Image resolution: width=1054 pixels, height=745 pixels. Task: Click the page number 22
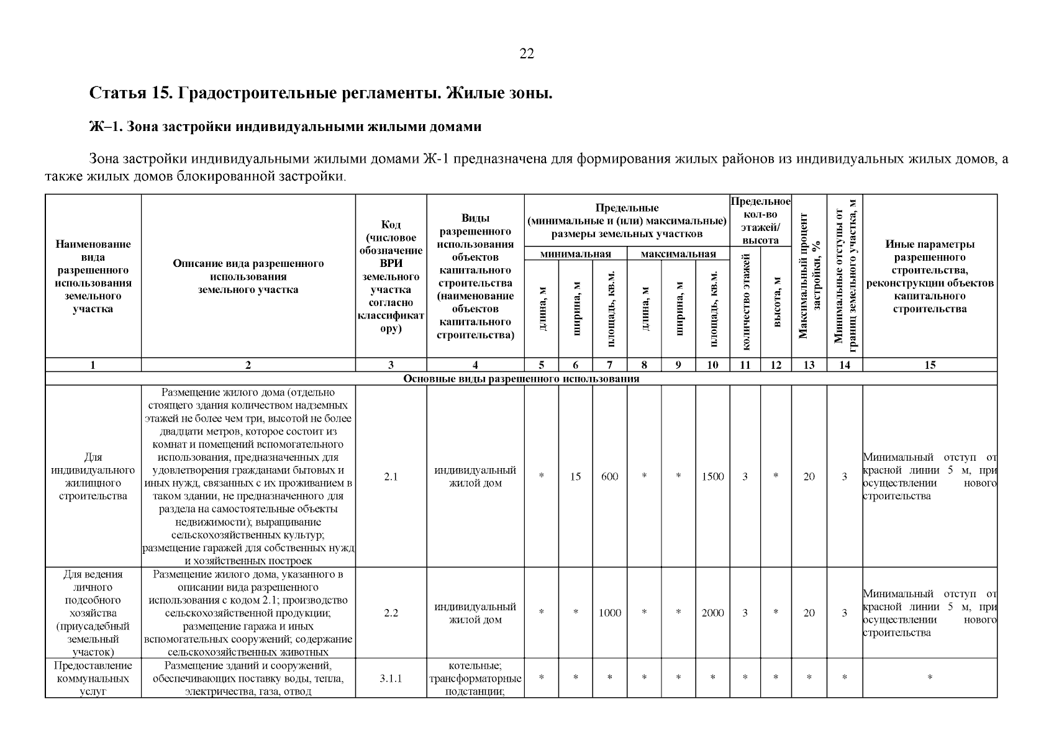tap(526, 54)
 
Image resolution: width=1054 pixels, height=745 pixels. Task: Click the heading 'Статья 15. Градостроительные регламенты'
tap(320, 94)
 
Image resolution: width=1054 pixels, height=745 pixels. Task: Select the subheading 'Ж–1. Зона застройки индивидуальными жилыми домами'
tap(285, 127)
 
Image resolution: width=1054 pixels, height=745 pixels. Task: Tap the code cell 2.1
tap(391, 477)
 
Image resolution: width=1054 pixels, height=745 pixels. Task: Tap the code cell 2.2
tap(391, 613)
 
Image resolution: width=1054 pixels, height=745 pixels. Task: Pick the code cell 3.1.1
tap(391, 678)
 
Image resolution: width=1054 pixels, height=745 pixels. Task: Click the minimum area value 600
tap(609, 477)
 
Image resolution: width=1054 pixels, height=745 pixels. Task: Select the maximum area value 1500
tap(712, 477)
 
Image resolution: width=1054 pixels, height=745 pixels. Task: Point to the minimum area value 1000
tap(609, 613)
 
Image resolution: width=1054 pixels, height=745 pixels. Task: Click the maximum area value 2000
tap(712, 613)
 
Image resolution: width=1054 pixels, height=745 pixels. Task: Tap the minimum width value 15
tap(575, 477)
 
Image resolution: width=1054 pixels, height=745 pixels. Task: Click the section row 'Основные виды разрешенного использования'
tap(521, 379)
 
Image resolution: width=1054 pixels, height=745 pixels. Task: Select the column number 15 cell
tap(929, 365)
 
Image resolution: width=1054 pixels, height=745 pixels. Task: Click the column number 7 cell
tap(609, 365)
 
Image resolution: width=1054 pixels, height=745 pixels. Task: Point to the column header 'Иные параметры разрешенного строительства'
tap(929, 276)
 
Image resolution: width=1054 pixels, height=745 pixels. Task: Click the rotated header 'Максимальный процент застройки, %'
tap(809, 276)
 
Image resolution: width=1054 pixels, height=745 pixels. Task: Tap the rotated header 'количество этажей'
tap(745, 303)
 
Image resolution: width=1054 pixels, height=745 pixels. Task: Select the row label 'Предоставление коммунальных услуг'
tap(93, 678)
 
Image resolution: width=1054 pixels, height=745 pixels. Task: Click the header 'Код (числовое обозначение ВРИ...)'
tap(391, 276)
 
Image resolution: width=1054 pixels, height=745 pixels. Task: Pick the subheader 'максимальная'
tap(678, 254)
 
